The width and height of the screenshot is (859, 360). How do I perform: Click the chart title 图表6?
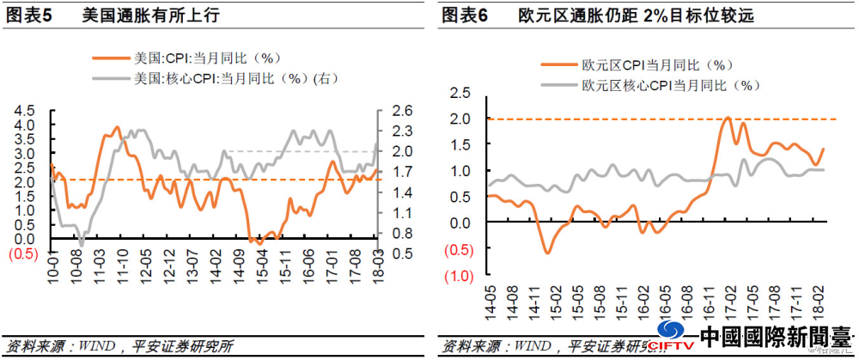coord(465,15)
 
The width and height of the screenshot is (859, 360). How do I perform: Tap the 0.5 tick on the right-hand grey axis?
coord(403,253)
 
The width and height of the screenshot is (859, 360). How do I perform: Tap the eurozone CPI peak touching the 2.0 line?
coord(728,118)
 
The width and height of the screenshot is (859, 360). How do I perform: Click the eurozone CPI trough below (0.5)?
coord(546,252)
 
